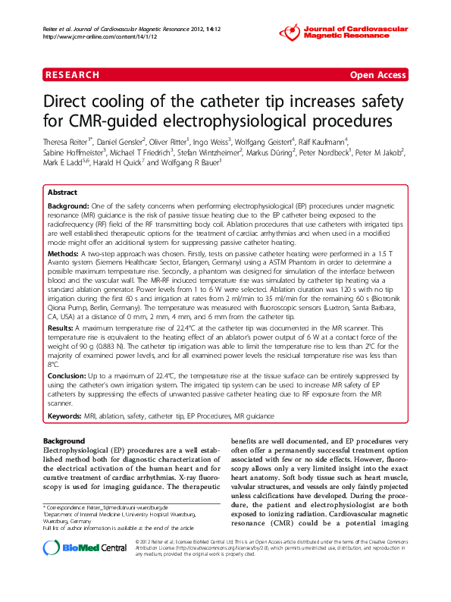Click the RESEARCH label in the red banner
(x=72, y=75)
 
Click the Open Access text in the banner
(x=377, y=75)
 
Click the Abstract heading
(x=62, y=193)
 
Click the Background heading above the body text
(x=64, y=441)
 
